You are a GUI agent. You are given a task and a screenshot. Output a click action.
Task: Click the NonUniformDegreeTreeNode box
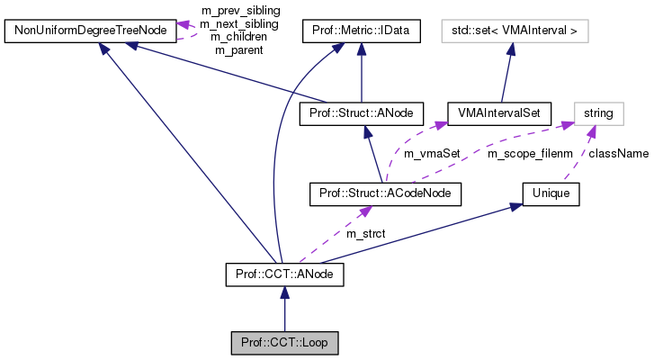pos(89,32)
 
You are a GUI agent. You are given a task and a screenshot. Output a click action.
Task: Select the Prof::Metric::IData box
pos(361,32)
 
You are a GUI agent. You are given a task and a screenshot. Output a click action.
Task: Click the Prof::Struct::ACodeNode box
pos(384,193)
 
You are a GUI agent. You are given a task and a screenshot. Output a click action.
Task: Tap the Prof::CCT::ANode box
pos(284,271)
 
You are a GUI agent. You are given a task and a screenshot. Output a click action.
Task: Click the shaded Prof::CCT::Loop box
pos(284,343)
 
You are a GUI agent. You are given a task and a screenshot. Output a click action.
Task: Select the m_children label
pos(238,37)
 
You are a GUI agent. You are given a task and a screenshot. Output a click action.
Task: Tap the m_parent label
pos(238,50)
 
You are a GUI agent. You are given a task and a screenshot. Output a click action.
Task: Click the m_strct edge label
pos(365,233)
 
